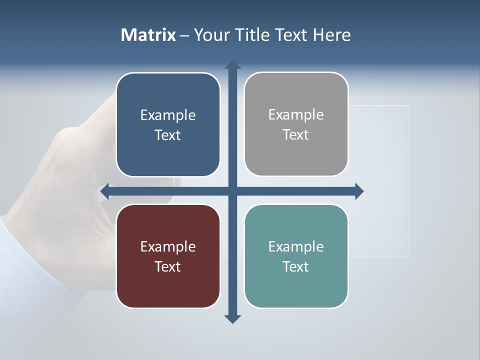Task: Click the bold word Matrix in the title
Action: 148,35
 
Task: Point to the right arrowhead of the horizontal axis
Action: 359,191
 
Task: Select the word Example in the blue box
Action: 168,115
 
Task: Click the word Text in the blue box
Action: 168,135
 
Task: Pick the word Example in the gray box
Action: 296,115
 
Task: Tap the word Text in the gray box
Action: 296,135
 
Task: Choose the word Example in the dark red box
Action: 168,246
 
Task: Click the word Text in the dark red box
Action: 168,266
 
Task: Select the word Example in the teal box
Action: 296,246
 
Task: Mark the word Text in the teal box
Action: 296,266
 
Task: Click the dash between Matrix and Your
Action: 185,35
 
